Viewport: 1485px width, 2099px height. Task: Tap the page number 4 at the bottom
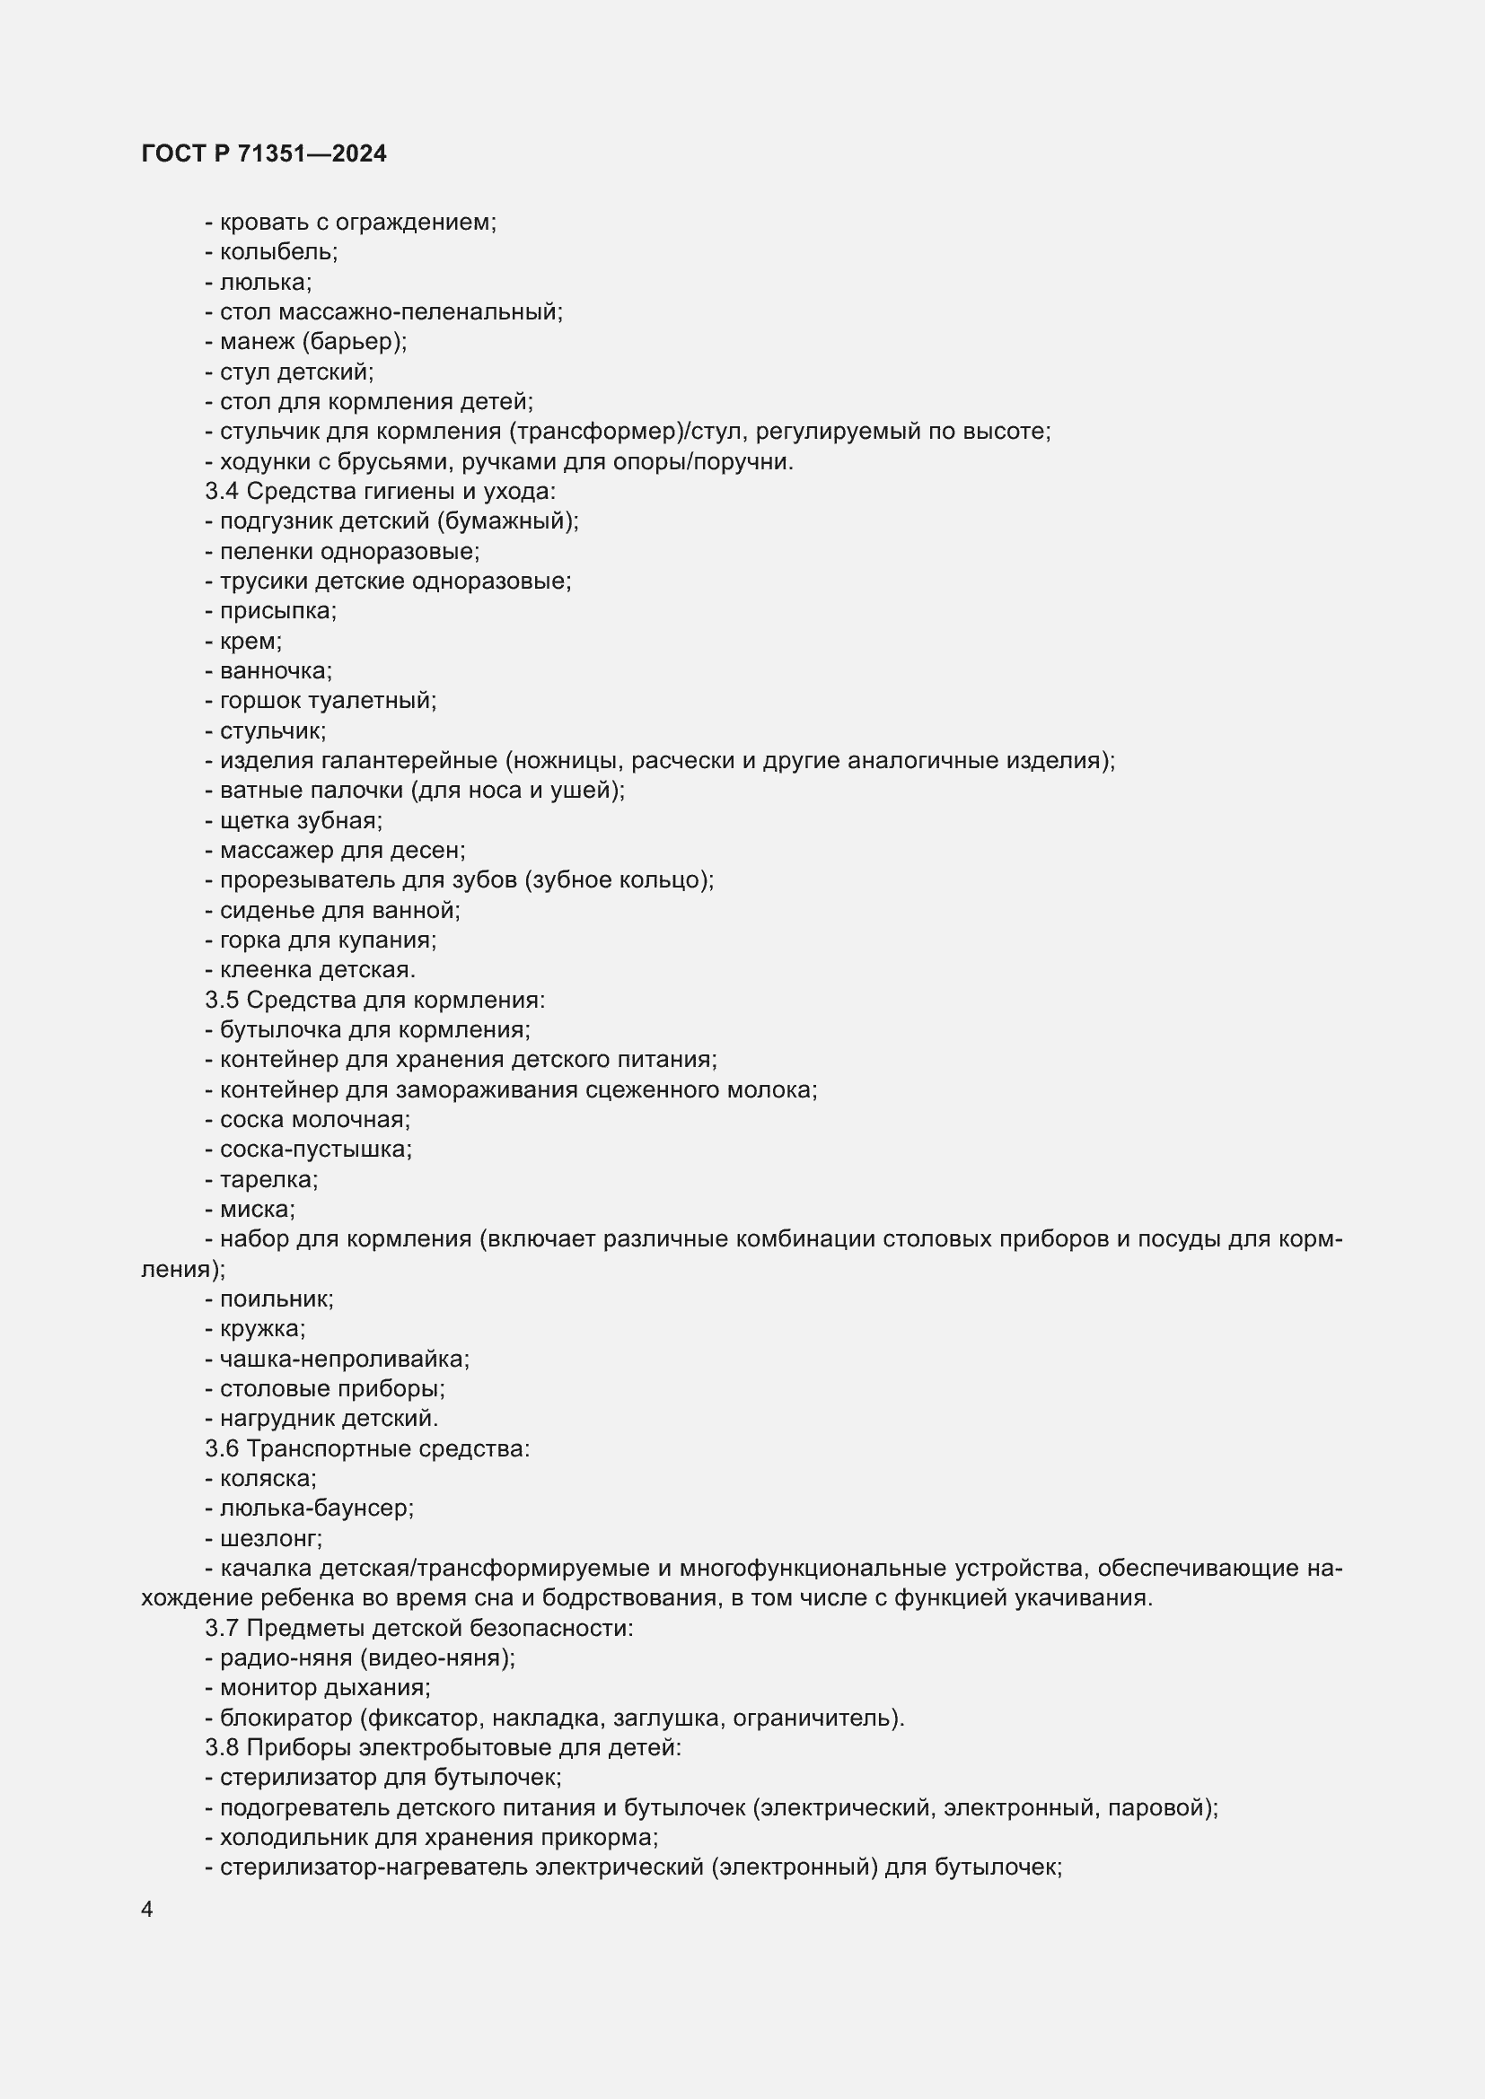click(147, 1909)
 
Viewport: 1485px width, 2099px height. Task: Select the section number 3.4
click(222, 492)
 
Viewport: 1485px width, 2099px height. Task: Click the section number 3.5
click(222, 1000)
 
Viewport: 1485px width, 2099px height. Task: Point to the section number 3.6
click(222, 1449)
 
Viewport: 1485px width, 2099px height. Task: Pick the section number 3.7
click(222, 1628)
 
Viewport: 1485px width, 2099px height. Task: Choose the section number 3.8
click(222, 1748)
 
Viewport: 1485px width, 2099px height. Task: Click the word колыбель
click(277, 252)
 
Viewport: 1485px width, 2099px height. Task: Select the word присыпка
click(277, 612)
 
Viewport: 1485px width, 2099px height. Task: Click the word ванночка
click(275, 671)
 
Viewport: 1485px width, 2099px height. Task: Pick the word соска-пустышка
click(314, 1150)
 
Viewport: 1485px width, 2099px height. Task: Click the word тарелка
click(267, 1180)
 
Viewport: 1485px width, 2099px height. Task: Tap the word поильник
click(276, 1299)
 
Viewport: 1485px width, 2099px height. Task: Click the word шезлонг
click(269, 1539)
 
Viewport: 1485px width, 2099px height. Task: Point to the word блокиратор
click(286, 1719)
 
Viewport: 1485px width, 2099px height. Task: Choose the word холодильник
click(295, 1838)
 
